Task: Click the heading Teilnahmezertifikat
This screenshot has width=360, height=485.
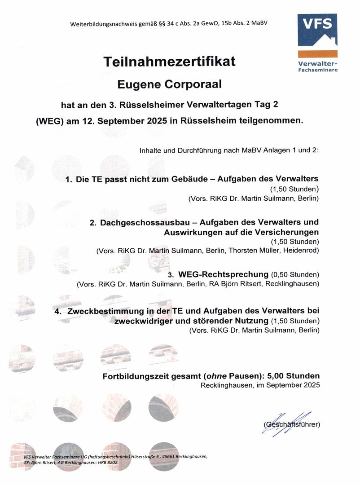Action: point(169,62)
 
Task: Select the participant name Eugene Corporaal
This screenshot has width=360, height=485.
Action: point(169,84)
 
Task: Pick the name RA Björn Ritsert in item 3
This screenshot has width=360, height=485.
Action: point(236,284)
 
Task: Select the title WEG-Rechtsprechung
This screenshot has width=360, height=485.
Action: point(223,274)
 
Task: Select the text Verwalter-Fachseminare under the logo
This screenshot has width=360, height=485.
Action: point(318,66)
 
